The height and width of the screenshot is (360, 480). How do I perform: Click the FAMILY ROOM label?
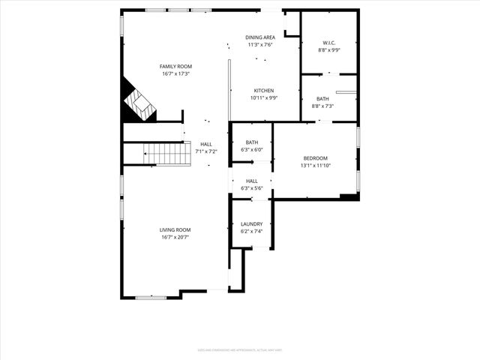tap(175, 66)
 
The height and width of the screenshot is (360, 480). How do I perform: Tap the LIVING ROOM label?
tap(175, 229)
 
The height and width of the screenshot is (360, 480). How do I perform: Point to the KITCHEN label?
tap(263, 91)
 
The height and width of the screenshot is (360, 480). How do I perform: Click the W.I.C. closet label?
tap(328, 43)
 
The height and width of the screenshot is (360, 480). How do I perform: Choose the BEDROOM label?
tap(315, 158)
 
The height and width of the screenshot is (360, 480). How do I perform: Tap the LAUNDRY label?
tap(251, 223)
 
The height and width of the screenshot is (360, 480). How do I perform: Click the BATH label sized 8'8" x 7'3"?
tap(322, 99)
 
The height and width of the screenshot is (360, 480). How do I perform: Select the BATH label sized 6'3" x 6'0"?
tap(251, 142)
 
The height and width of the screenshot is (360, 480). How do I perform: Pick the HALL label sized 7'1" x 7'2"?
tap(205, 144)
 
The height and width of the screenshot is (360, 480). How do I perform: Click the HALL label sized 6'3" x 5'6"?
tap(251, 181)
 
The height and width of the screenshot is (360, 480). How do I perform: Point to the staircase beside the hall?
tap(168, 154)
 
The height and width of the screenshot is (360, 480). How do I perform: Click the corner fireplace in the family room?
tap(137, 103)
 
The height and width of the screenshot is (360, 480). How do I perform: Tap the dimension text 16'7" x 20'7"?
tap(175, 237)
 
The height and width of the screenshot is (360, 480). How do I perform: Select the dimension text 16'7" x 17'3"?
tap(175, 73)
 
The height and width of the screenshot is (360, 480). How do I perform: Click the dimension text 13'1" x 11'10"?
tap(315, 166)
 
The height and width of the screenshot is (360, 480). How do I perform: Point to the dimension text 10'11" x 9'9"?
tap(263, 98)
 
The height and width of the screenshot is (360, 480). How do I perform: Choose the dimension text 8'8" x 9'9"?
tap(328, 50)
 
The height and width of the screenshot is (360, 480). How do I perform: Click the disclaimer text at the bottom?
tap(240, 349)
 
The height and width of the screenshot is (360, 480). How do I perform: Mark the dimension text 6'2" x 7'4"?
tap(251, 231)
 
